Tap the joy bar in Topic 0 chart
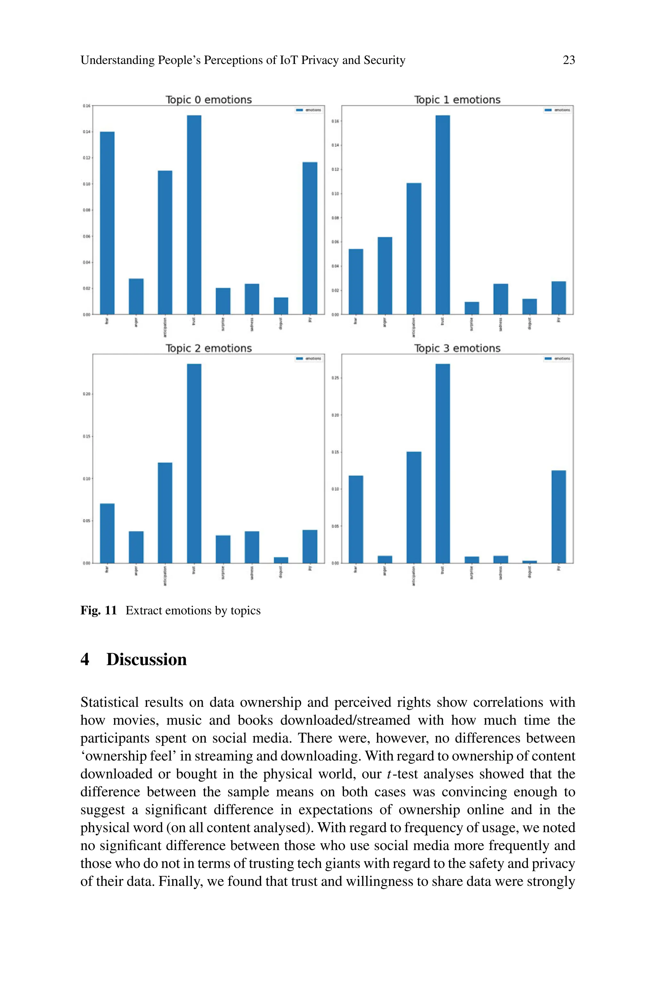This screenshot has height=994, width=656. pos(310,238)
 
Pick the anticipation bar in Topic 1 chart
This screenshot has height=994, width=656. pos(414,248)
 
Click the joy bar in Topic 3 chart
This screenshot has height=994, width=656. pos(559,517)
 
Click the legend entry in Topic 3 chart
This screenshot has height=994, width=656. pos(557,359)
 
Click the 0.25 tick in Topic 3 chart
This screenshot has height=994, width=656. pos(335,378)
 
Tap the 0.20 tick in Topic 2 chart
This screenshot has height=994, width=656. pos(86,394)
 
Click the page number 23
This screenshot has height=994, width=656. pos(569,60)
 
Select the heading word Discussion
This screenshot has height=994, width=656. pos(146,659)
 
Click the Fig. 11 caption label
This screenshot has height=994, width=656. pos(98,611)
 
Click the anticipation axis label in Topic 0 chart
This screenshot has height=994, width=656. pos(165,327)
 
